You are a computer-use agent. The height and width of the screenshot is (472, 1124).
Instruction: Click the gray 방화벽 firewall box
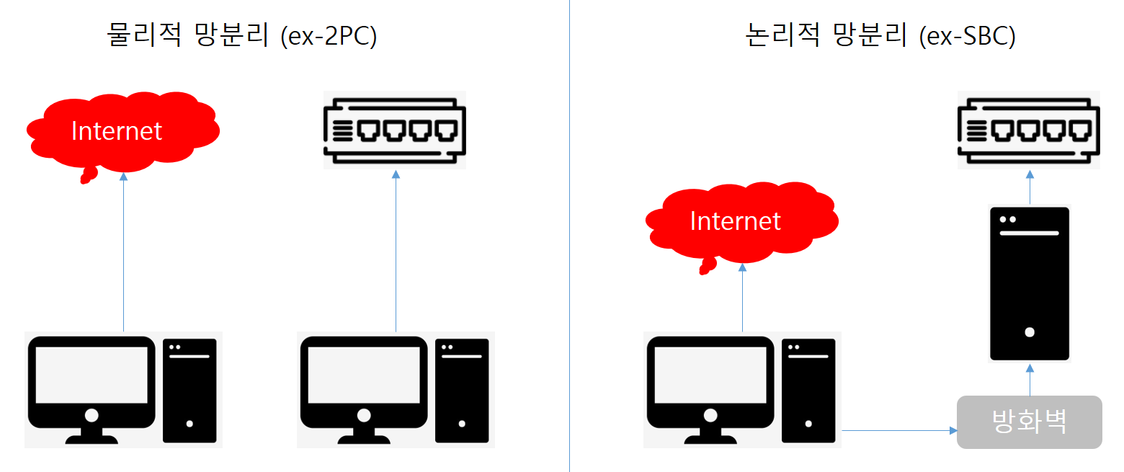(1029, 422)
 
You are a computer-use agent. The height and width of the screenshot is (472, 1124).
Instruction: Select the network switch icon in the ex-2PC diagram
(394, 130)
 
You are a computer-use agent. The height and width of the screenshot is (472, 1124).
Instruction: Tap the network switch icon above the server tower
(1029, 130)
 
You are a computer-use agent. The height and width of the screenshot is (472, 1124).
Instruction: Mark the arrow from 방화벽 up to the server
(1030, 380)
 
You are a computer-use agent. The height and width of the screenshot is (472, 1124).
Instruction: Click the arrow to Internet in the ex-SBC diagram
(742, 298)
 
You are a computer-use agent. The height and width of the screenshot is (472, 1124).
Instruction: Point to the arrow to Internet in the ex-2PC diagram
(123, 252)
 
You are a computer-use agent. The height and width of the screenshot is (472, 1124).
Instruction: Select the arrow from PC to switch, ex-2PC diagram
(396, 252)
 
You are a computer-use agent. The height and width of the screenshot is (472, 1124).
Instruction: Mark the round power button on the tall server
(1030, 332)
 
